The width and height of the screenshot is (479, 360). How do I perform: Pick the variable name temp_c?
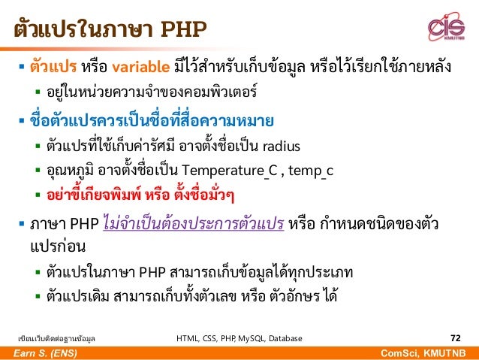click(x=306, y=171)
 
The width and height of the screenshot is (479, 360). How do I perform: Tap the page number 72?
click(x=455, y=338)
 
